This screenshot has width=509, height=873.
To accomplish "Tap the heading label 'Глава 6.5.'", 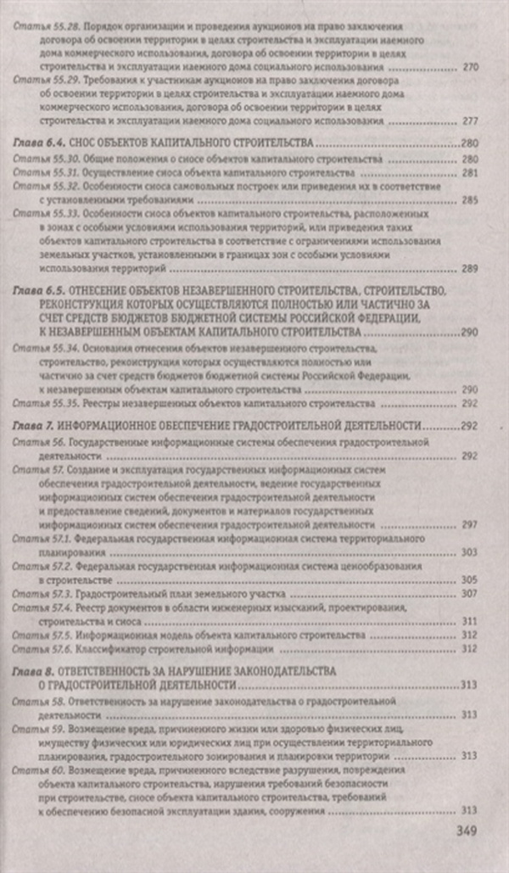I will (40, 291).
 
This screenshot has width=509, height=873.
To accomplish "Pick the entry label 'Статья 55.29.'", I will (43, 77).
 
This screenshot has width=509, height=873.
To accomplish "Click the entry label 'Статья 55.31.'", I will (43, 172).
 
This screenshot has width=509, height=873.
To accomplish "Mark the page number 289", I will (472, 269).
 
